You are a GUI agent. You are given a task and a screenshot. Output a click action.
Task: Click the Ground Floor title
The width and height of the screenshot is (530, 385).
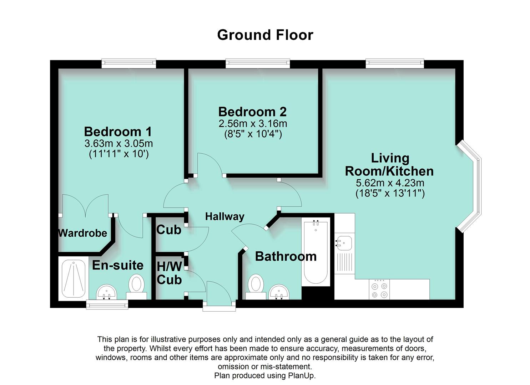click(x=265, y=35)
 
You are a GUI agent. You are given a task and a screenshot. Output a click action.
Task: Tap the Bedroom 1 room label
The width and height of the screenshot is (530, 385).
click(x=118, y=132)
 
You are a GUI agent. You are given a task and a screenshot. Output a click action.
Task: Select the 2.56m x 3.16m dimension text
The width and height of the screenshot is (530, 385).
click(x=253, y=124)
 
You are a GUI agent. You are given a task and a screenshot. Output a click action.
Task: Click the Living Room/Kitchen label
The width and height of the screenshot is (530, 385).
click(x=389, y=164)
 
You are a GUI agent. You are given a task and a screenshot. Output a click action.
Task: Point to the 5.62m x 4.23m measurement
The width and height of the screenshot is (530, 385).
click(x=390, y=183)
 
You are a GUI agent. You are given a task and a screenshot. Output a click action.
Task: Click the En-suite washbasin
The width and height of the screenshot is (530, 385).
click(x=106, y=292)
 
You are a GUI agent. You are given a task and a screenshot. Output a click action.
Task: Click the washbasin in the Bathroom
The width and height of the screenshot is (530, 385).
click(x=279, y=292)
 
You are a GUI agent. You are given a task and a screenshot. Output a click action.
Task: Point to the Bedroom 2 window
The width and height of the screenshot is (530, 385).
click(x=257, y=64)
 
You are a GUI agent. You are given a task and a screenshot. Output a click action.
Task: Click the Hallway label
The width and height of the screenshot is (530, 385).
click(x=224, y=216)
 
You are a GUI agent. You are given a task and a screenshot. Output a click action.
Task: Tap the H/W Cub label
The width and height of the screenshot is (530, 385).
click(x=169, y=273)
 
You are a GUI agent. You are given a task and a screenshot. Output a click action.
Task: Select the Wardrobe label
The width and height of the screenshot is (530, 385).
click(x=82, y=233)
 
